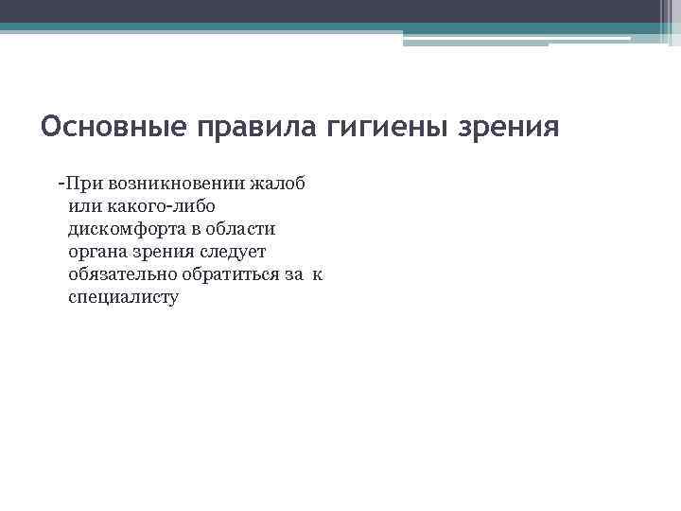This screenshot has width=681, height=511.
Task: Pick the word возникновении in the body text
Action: tap(179, 183)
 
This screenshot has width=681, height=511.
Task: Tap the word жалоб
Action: tap(281, 183)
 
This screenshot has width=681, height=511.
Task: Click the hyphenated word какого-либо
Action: tap(162, 205)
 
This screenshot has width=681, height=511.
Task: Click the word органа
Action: tap(97, 252)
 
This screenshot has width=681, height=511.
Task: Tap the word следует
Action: tap(234, 252)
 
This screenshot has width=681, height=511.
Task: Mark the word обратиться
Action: tap(233, 274)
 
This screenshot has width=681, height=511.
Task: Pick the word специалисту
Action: tap(123, 297)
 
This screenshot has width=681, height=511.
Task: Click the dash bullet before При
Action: tap(61, 181)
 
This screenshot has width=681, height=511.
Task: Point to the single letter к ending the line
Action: tap(317, 274)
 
